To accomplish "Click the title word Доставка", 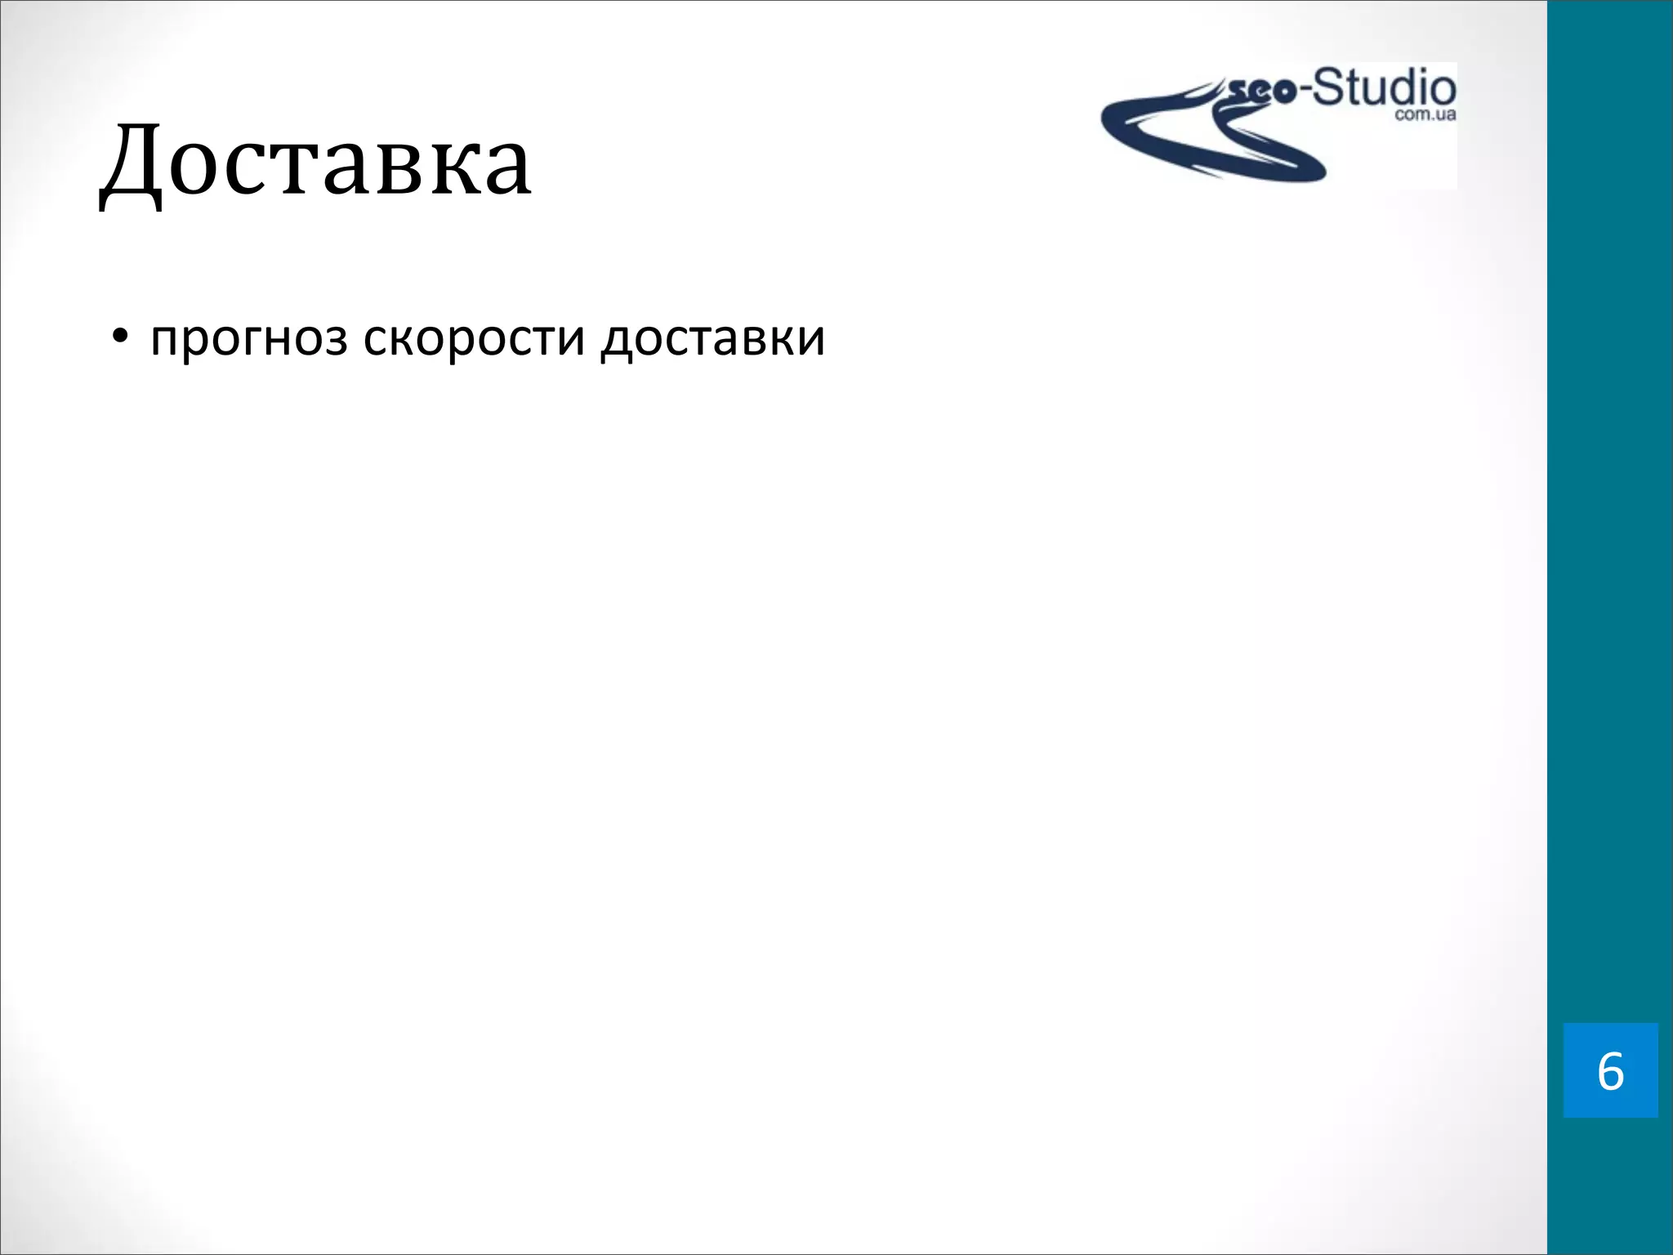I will pyautogui.click(x=315, y=163).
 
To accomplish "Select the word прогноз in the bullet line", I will pyautogui.click(x=249, y=338).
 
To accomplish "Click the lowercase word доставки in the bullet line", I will pyautogui.click(x=712, y=338).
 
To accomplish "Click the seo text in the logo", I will pyautogui.click(x=1261, y=92).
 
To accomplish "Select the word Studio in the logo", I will pyautogui.click(x=1385, y=89).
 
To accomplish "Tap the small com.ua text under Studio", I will pyautogui.click(x=1425, y=115).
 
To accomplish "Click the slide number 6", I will pyautogui.click(x=1610, y=1071).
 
